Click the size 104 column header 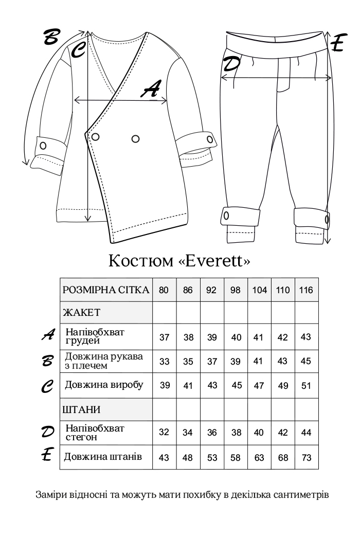click(260, 290)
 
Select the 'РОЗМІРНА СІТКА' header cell click(106, 290)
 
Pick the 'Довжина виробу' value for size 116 click(306, 386)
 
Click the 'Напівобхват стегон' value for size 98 click(236, 433)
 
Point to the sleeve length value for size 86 click(188, 361)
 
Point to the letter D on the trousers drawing click(231, 64)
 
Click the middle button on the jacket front click(136, 138)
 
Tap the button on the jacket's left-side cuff click(43, 145)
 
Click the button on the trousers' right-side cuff click(327, 220)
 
